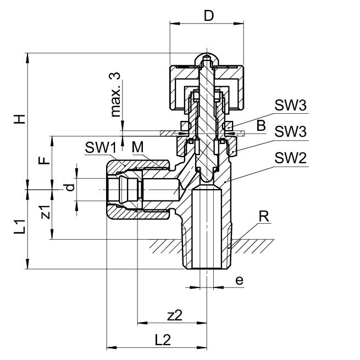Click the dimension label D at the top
point(208,15)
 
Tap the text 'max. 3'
point(115,94)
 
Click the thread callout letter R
point(264,216)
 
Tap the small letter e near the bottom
point(239,280)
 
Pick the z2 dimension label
point(174,315)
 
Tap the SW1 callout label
point(100,147)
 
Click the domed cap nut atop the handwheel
point(206,59)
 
